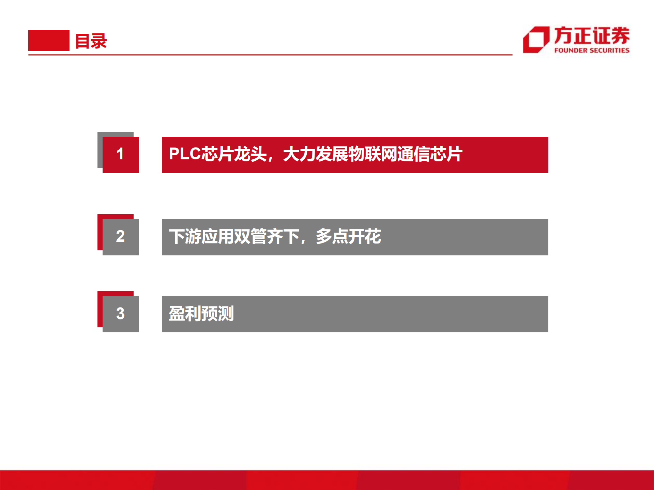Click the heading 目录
click(x=91, y=41)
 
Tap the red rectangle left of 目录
click(x=49, y=40)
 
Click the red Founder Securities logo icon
click(x=536, y=40)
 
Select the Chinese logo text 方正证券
click(x=592, y=35)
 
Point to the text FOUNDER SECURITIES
click(x=592, y=50)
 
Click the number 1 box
click(x=120, y=154)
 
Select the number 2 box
click(x=120, y=237)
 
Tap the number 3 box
click(x=120, y=314)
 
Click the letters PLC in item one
click(x=185, y=154)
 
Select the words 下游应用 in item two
click(x=201, y=236)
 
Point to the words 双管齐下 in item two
click(x=267, y=236)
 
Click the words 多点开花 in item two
click(x=348, y=236)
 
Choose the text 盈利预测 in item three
click(x=201, y=314)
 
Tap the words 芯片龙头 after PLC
click(x=234, y=154)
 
